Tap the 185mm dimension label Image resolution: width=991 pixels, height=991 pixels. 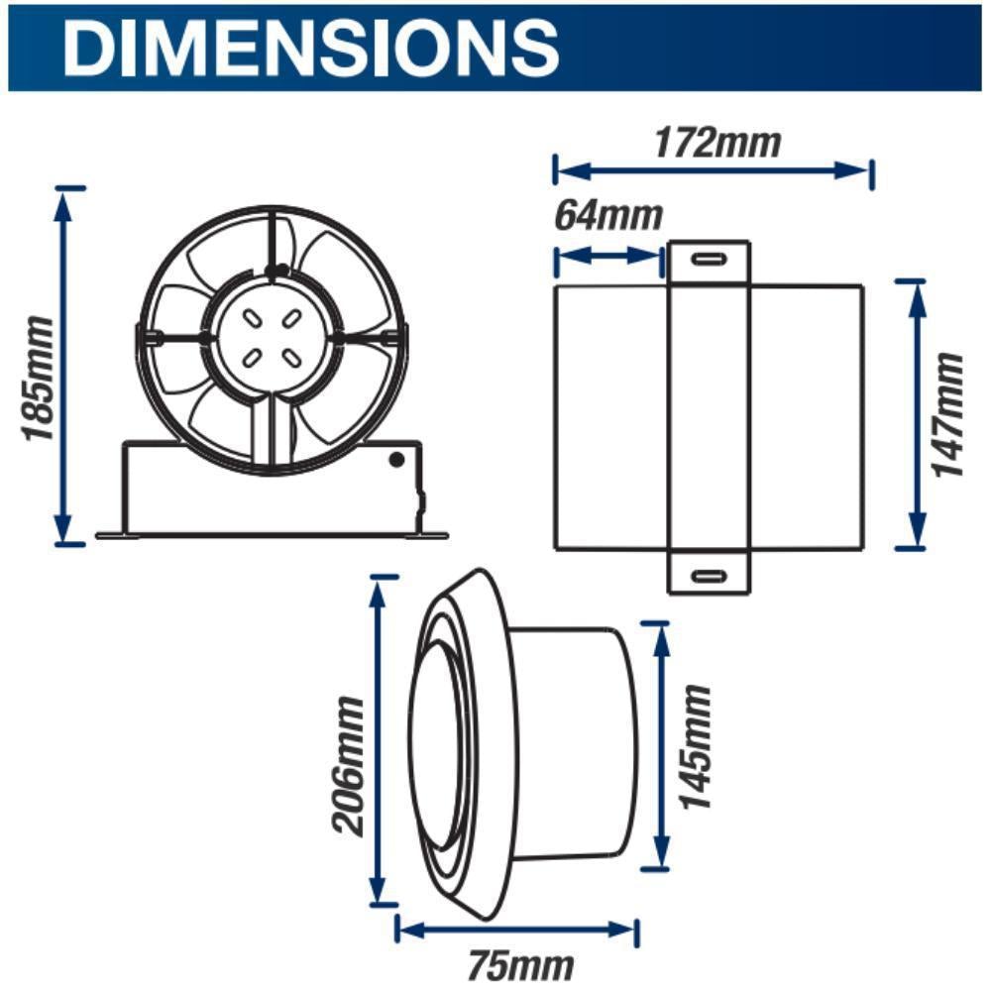(x=37, y=380)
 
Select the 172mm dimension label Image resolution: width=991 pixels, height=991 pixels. (x=716, y=143)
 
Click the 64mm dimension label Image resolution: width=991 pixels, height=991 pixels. (x=607, y=215)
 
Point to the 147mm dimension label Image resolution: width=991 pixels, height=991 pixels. (x=948, y=414)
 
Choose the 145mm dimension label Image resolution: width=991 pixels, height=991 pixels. (x=697, y=746)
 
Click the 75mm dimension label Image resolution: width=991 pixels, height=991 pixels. (x=521, y=963)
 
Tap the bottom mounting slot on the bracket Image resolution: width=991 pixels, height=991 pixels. (x=708, y=575)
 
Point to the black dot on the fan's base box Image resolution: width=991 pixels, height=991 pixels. (x=396, y=459)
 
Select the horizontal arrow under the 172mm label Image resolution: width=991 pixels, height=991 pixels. (x=714, y=170)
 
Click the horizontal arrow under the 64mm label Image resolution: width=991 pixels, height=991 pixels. (x=607, y=256)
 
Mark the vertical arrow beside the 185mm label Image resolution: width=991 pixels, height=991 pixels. (x=66, y=366)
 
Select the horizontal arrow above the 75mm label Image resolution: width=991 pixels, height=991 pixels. (x=516, y=930)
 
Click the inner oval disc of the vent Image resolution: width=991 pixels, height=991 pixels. (x=436, y=746)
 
